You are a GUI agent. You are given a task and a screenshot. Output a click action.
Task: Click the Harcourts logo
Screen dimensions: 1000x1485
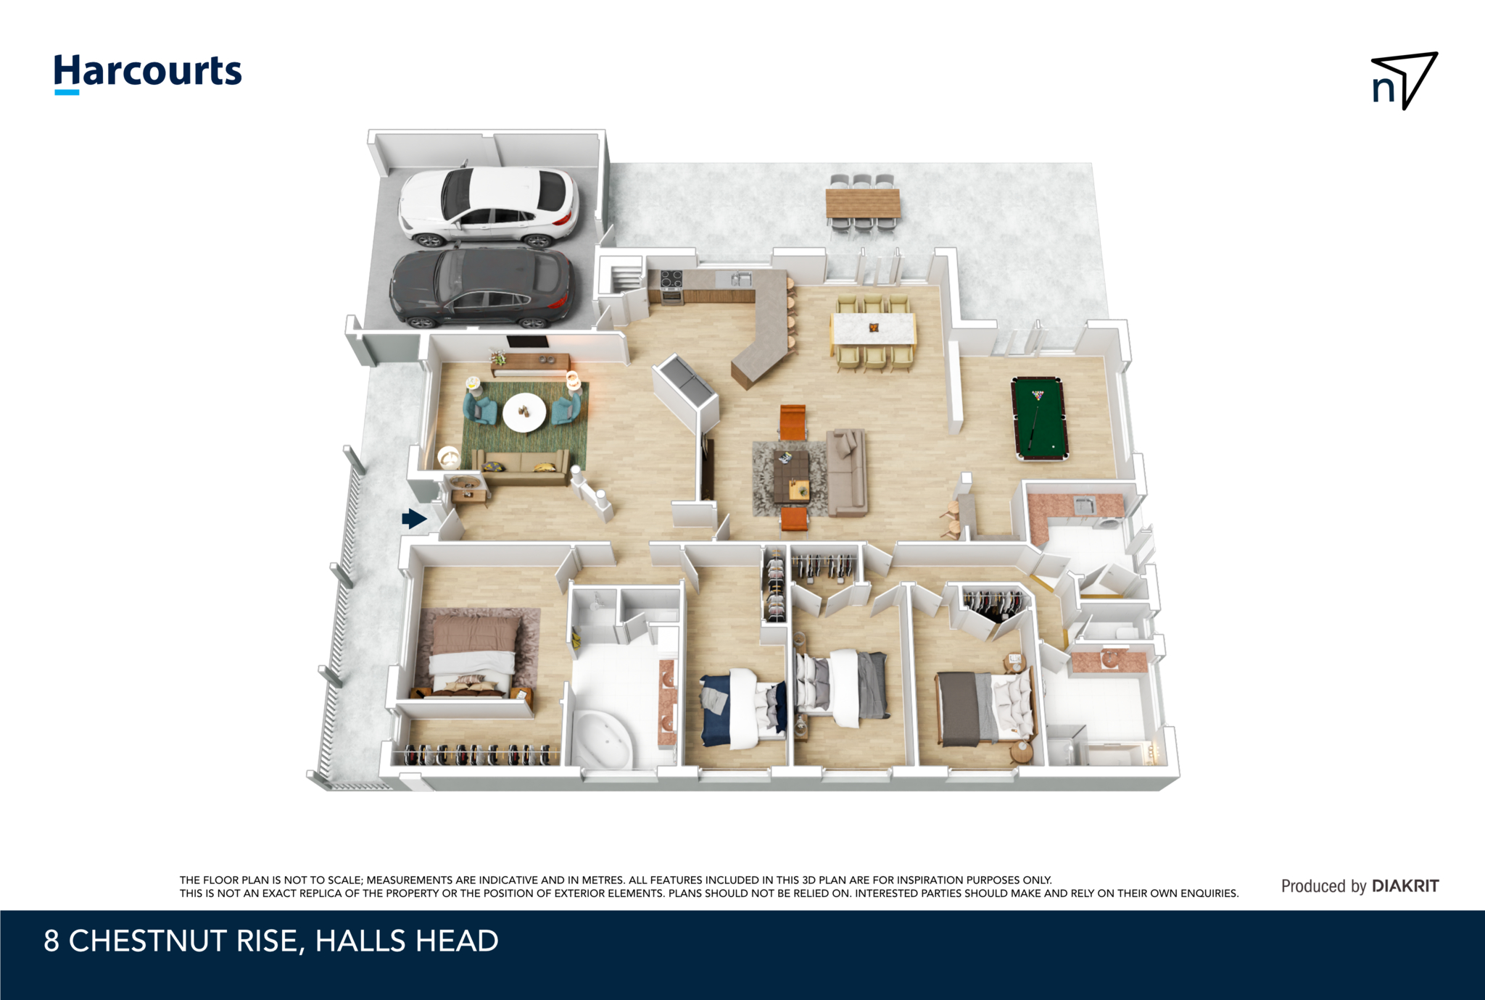pos(148,73)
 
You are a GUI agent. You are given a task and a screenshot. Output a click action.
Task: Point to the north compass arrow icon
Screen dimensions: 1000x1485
pos(1405,80)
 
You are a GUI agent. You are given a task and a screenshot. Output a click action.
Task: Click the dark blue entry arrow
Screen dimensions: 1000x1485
pos(414,518)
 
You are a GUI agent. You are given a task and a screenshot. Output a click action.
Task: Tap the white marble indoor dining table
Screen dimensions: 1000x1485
pos(873,330)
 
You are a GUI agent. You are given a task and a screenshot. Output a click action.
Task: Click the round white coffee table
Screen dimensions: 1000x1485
pos(525,412)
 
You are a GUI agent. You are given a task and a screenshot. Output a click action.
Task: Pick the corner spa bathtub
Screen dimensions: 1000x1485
pos(601,738)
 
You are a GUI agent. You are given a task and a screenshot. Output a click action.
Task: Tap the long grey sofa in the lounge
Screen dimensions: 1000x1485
pos(846,471)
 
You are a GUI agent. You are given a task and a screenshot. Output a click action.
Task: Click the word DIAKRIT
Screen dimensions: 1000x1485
pos(1405,886)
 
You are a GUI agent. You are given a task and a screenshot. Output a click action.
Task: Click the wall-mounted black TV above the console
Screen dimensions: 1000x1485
pos(527,342)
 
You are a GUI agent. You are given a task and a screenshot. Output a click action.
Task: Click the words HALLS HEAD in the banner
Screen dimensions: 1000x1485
pos(406,941)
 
